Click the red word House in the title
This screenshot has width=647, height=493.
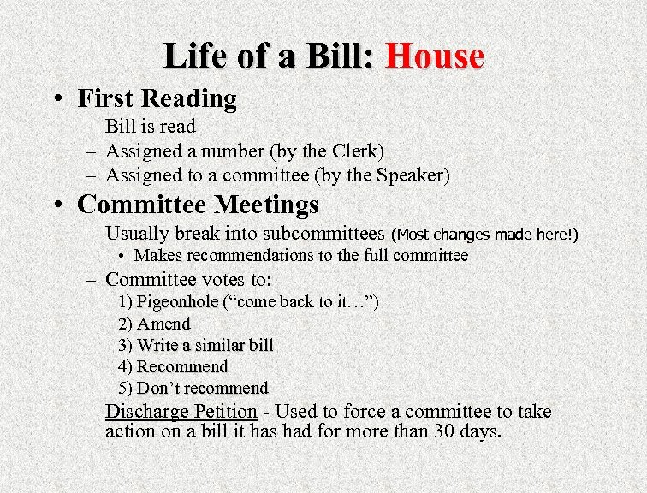pos(435,56)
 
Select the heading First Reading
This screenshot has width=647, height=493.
pos(157,98)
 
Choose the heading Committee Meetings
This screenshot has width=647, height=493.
pos(198,205)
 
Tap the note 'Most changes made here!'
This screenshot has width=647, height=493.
pos(484,234)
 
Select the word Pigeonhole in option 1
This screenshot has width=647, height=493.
pos(177,302)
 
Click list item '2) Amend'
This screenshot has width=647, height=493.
pos(154,324)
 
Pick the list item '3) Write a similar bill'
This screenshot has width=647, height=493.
pos(196,345)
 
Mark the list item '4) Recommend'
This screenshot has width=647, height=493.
pos(174,366)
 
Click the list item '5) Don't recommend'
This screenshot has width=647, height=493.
pos(193,388)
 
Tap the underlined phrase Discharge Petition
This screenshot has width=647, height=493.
pos(181,411)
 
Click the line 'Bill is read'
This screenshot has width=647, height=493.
pos(150,127)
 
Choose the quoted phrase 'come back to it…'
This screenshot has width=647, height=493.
pos(300,302)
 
